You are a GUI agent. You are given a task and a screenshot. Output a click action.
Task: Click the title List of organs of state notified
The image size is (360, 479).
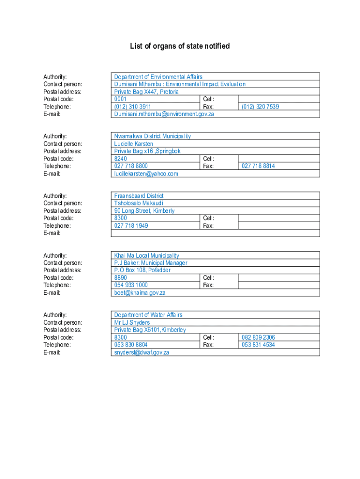(x=180, y=46)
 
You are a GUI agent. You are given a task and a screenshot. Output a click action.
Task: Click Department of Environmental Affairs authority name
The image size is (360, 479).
(x=158, y=77)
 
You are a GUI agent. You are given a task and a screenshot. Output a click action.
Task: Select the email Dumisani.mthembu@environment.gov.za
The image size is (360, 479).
(x=164, y=114)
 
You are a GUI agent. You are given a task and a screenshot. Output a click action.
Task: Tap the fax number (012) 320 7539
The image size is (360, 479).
(x=260, y=107)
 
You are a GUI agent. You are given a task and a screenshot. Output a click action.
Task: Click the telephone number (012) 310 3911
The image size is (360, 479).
(x=132, y=107)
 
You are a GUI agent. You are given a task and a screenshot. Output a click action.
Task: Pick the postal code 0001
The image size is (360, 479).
(x=120, y=99)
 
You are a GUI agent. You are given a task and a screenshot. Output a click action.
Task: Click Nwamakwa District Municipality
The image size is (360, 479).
(x=152, y=136)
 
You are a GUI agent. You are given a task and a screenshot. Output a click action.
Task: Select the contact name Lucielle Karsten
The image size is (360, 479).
(x=133, y=144)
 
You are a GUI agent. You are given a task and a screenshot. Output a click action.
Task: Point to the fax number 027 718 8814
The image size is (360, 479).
(x=258, y=166)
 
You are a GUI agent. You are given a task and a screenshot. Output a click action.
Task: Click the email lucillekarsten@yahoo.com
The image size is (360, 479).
(x=146, y=174)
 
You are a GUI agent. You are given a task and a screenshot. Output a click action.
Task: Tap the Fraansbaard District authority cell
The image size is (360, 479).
(x=139, y=196)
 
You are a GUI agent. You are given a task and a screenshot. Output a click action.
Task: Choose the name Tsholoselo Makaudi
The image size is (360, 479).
(x=139, y=203)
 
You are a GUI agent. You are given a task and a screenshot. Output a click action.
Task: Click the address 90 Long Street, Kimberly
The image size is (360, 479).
(x=144, y=211)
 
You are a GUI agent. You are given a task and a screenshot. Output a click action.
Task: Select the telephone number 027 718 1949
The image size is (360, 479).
(x=131, y=225)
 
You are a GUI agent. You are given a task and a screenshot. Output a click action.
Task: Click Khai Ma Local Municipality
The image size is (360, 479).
(x=146, y=255)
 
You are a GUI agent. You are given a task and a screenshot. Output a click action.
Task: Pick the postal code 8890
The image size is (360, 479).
(x=120, y=277)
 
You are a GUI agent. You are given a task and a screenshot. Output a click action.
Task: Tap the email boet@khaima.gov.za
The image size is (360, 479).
(x=140, y=293)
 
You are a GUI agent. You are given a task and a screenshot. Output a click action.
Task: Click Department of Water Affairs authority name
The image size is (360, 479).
(x=148, y=315)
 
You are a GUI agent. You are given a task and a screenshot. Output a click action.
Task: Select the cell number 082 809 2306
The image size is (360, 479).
(x=258, y=337)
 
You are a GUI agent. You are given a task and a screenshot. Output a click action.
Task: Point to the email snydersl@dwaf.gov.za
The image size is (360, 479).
(x=141, y=352)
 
